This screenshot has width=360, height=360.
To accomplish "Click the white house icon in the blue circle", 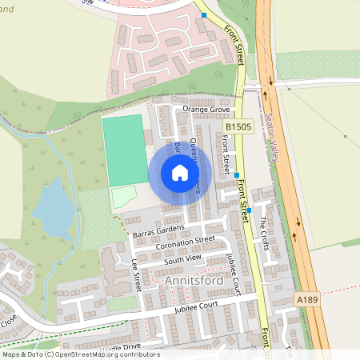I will (180, 173).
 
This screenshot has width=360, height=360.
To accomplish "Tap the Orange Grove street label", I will (206, 109).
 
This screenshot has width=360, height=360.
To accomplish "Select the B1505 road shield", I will (238, 126).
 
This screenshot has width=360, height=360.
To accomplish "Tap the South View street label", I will (182, 259).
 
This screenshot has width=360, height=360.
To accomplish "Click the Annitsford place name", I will (192, 282).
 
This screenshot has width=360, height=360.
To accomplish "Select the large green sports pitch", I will (124, 149).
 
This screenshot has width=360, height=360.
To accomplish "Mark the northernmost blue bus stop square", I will (205, 15).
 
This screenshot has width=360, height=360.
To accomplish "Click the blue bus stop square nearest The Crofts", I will (250, 210).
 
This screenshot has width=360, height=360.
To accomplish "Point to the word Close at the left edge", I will (9, 322).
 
